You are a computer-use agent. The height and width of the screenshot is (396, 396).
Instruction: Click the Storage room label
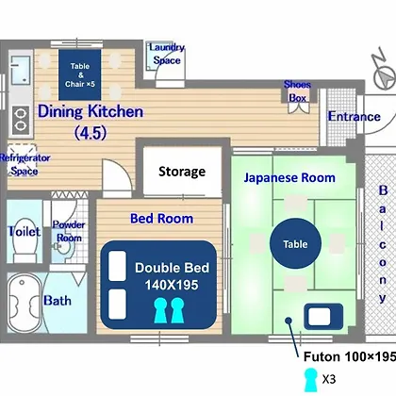point(182,172)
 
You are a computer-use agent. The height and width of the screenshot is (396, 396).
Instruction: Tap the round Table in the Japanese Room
point(295,243)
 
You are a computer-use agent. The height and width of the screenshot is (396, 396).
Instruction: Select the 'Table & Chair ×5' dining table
point(80,74)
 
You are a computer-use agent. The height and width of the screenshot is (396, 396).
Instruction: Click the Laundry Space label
point(167,54)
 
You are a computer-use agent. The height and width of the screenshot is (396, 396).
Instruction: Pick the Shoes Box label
point(297,91)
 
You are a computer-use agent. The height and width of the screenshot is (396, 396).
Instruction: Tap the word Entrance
point(355,117)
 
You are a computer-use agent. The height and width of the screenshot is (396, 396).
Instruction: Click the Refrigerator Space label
point(25,164)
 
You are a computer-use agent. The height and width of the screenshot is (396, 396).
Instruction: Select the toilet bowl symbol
point(25,240)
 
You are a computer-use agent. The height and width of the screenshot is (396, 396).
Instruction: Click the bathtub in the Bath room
point(25,304)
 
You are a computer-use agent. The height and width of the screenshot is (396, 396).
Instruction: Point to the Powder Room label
point(69,231)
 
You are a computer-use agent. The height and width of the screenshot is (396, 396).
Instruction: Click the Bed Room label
point(161,219)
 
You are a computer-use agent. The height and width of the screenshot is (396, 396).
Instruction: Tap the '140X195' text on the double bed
point(172,285)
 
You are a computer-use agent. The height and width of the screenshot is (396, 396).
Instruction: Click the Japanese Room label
point(289,178)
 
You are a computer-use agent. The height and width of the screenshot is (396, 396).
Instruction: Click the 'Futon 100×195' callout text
point(350,356)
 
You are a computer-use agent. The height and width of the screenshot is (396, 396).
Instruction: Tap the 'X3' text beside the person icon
point(329,379)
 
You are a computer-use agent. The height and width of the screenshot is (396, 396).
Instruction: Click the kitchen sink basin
point(21,70)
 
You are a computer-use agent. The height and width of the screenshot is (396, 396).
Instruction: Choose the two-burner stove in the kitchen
point(21,121)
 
